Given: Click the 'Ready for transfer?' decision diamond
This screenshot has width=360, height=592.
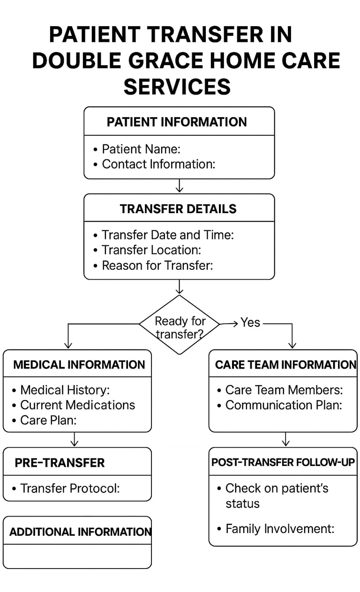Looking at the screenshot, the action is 180,325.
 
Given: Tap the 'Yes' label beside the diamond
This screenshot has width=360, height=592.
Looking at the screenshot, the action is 250,322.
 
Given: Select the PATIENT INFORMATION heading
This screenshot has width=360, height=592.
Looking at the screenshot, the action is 177,122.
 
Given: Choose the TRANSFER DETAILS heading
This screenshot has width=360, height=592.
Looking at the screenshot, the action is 178,209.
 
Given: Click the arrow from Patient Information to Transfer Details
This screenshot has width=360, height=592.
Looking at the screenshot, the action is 180,185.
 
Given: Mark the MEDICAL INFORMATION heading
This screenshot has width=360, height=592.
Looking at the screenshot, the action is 79,365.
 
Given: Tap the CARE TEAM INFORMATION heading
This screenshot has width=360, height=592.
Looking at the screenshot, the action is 285,365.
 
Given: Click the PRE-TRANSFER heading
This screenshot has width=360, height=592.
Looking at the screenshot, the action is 60,463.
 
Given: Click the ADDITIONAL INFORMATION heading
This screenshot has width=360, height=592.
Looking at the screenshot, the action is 81,532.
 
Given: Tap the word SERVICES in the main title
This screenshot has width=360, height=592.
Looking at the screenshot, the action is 177,87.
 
